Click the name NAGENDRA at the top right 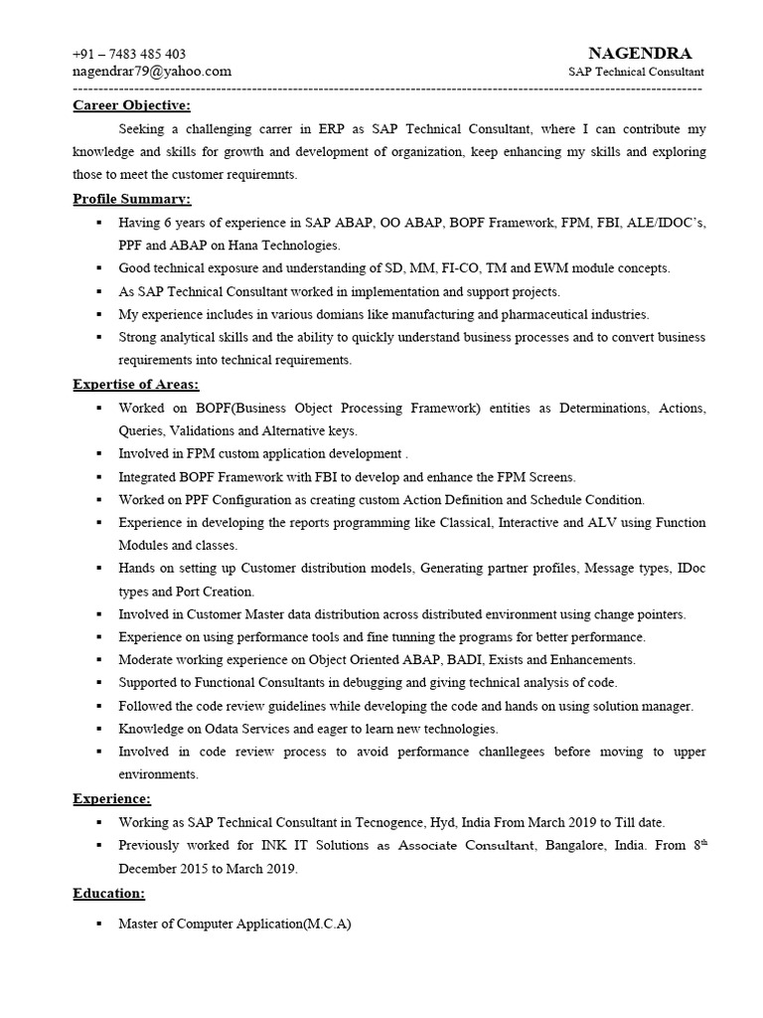640,53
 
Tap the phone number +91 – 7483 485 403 129,54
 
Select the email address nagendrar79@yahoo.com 152,71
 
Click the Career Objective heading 131,106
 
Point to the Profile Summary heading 131,199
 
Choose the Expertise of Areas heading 136,385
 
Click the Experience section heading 112,798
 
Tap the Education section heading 108,894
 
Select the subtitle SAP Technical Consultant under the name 636,72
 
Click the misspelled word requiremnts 262,175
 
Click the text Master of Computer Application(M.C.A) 234,924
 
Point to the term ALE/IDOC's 666,223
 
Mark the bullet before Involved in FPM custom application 98,454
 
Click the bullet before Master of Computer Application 98,924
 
